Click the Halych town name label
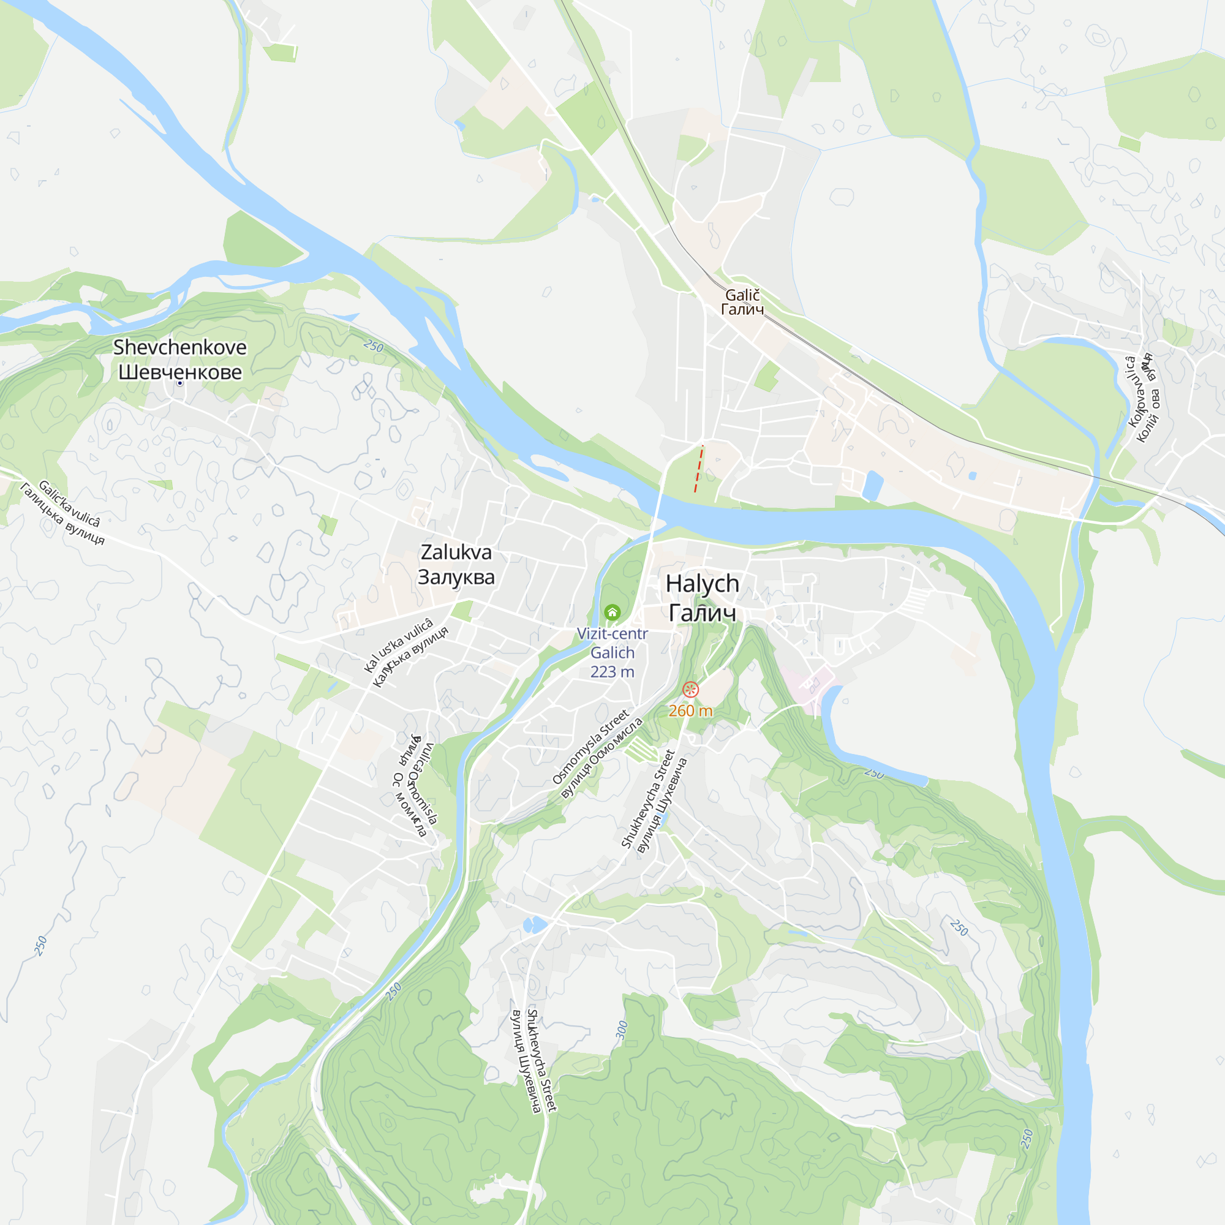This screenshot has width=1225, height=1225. coord(702,584)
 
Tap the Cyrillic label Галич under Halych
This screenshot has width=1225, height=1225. coord(702,613)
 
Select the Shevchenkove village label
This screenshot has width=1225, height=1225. coord(179,347)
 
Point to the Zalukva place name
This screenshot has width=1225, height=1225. coord(456,552)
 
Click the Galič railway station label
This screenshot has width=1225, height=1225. coord(742,295)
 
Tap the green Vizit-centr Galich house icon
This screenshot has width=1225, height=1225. coord(612,612)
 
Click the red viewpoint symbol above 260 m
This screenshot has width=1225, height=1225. coord(690,689)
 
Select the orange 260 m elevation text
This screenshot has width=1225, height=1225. coord(690,710)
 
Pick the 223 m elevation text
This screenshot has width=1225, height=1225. coord(612,672)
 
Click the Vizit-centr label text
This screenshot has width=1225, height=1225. coord(612,633)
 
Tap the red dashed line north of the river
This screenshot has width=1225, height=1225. coord(699,469)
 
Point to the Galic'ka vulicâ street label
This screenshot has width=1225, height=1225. coord(69,503)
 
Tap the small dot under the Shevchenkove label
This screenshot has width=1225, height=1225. coord(180,383)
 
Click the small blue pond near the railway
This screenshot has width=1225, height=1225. coord(872,485)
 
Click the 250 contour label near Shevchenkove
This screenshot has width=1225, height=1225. coord(374,346)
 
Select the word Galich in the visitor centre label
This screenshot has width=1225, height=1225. coord(612,653)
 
